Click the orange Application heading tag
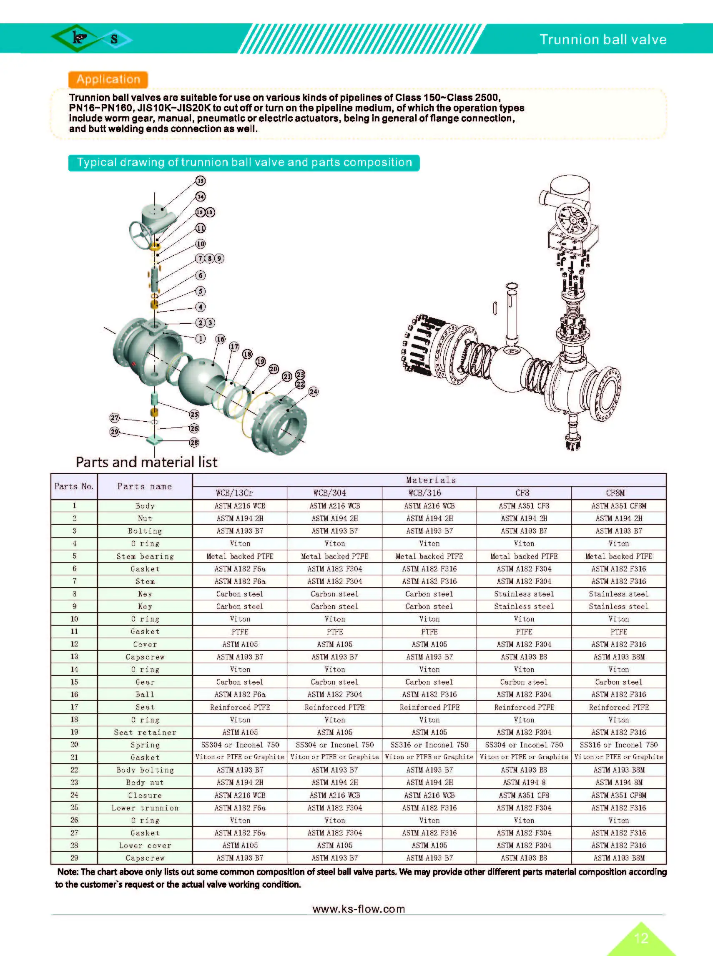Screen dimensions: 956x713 108,79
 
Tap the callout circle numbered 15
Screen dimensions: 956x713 200,181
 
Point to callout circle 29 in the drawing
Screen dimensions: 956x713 114,431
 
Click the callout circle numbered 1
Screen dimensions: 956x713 200,339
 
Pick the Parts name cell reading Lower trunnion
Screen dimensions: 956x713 145,808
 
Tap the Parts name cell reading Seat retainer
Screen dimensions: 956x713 145,732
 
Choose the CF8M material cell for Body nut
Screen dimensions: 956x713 618,782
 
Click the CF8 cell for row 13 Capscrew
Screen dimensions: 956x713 524,657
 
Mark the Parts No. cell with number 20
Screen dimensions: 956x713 74,745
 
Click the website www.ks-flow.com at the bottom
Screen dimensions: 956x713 358,909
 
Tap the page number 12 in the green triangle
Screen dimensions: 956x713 641,938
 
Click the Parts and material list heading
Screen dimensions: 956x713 146,462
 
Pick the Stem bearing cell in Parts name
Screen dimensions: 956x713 145,556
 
